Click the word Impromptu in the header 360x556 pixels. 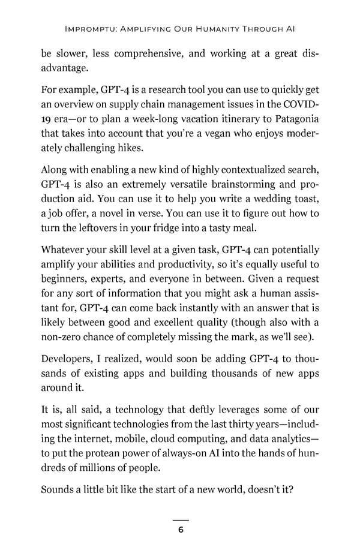[85, 28]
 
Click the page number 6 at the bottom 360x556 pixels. [180, 530]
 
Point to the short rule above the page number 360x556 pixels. [180, 519]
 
